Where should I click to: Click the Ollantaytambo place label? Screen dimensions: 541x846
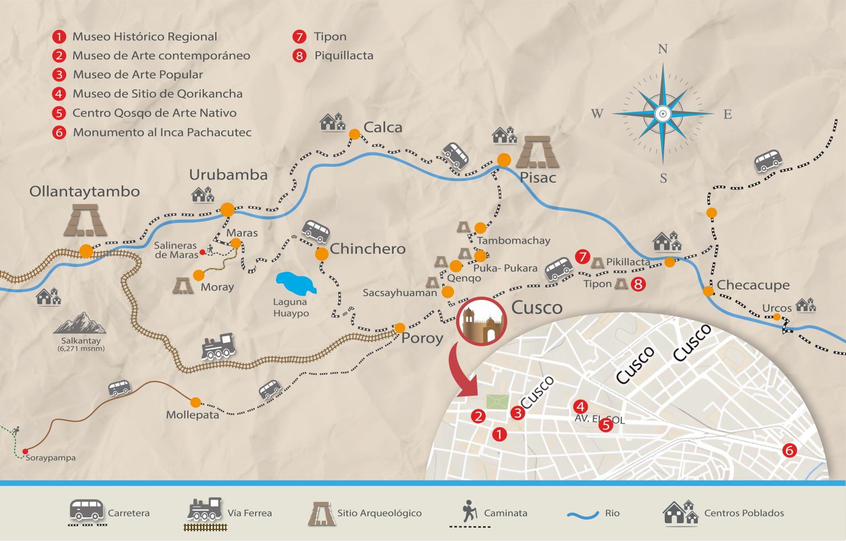84,192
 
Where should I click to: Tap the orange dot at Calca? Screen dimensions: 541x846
354,134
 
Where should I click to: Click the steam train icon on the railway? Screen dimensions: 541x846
218,347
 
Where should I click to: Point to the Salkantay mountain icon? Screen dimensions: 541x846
80,324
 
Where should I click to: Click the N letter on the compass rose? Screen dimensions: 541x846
663,49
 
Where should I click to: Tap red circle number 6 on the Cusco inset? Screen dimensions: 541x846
789,450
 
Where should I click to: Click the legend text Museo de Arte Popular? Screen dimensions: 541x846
138,74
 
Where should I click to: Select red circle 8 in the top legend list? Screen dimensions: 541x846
299,56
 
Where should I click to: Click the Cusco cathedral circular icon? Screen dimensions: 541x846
481,321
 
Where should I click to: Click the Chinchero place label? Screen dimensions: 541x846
367,249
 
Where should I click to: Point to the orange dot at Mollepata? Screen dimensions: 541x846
196,402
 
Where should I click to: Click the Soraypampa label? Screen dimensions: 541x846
51,457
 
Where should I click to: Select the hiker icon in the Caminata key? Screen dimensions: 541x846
469,511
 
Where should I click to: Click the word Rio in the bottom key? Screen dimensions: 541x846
612,513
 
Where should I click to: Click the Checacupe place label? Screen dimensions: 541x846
753,285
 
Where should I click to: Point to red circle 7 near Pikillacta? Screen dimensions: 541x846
582,256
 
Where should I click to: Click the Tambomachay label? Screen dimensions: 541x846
513,241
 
